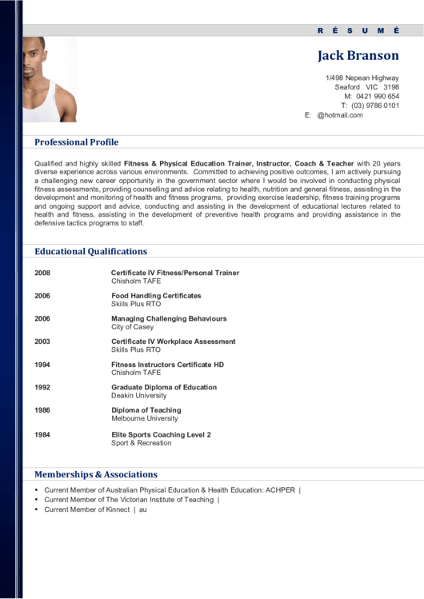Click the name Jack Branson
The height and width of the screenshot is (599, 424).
click(x=358, y=55)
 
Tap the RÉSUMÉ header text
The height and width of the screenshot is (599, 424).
click(x=358, y=30)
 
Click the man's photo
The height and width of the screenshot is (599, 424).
click(x=50, y=79)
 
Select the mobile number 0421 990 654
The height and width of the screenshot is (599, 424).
click(x=378, y=96)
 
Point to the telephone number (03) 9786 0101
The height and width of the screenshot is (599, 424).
click(x=375, y=106)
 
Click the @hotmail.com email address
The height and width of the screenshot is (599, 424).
click(x=340, y=115)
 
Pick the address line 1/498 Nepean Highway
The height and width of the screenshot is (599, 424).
click(x=362, y=78)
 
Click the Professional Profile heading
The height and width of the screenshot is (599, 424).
click(x=76, y=142)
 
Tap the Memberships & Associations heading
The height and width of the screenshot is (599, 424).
click(x=96, y=474)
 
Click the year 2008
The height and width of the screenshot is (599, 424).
click(x=42, y=273)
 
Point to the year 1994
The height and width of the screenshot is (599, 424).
click(x=42, y=365)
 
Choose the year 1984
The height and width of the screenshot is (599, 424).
click(x=42, y=435)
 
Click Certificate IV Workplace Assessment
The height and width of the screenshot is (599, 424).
click(x=173, y=341)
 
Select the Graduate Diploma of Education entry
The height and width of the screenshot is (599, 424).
click(x=164, y=387)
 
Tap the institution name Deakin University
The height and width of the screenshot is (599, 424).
click(x=139, y=396)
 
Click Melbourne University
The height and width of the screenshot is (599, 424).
click(x=145, y=418)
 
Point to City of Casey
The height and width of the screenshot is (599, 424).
click(x=132, y=327)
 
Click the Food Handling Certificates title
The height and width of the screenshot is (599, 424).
click(x=156, y=296)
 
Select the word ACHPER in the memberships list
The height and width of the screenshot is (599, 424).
click(x=281, y=489)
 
